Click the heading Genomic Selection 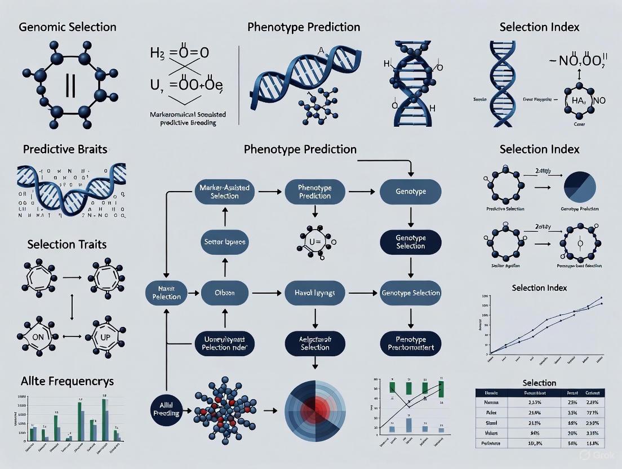coord(68,27)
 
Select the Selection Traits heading coord(67,245)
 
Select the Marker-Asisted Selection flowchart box coord(224,192)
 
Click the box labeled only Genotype coord(410,192)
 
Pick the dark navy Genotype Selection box coord(410,242)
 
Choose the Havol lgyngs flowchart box coord(315,293)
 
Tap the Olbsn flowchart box coord(225,293)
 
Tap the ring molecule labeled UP coord(106,337)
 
